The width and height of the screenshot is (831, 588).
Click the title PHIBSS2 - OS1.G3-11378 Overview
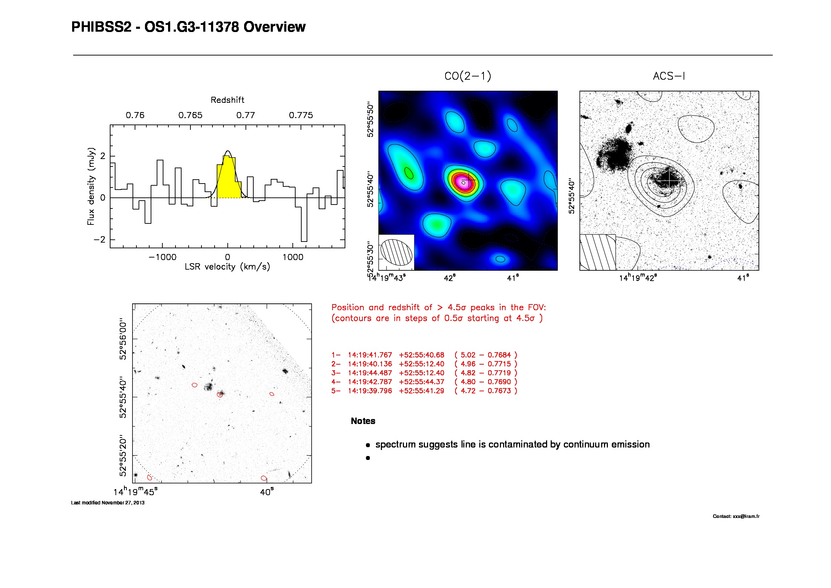188,27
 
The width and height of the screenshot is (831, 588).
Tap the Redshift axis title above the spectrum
227,100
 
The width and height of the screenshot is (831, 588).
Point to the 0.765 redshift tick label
190,115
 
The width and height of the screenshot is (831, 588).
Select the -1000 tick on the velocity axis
162,257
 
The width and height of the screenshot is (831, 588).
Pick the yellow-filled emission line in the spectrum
228,179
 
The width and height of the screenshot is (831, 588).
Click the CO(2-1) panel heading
468,76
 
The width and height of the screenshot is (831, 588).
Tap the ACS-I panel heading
669,76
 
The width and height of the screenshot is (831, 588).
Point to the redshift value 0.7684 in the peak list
499,355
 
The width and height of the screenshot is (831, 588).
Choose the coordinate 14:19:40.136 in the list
370,364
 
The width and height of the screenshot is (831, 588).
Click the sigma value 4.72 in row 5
468,391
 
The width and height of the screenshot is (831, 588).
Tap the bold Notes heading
363,421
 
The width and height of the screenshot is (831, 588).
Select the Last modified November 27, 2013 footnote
108,503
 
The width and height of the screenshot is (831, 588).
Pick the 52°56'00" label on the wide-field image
123,339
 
